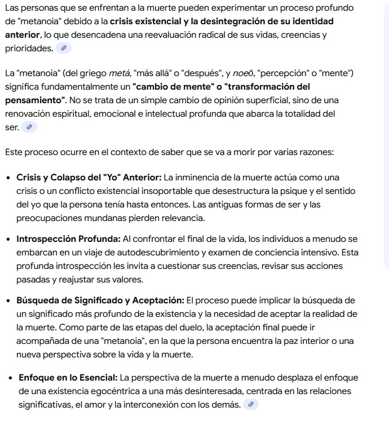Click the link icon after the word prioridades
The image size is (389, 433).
click(64, 48)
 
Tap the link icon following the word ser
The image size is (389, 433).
click(29, 127)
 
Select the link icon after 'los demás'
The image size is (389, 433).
click(251, 405)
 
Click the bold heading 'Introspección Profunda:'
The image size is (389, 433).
click(68, 239)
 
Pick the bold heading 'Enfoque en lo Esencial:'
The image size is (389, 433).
click(68, 378)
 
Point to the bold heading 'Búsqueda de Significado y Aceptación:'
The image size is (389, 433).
click(100, 300)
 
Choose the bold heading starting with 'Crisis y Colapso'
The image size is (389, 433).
click(89, 178)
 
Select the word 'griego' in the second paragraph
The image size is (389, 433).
click(91, 73)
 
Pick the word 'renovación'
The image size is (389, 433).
click(27, 114)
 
